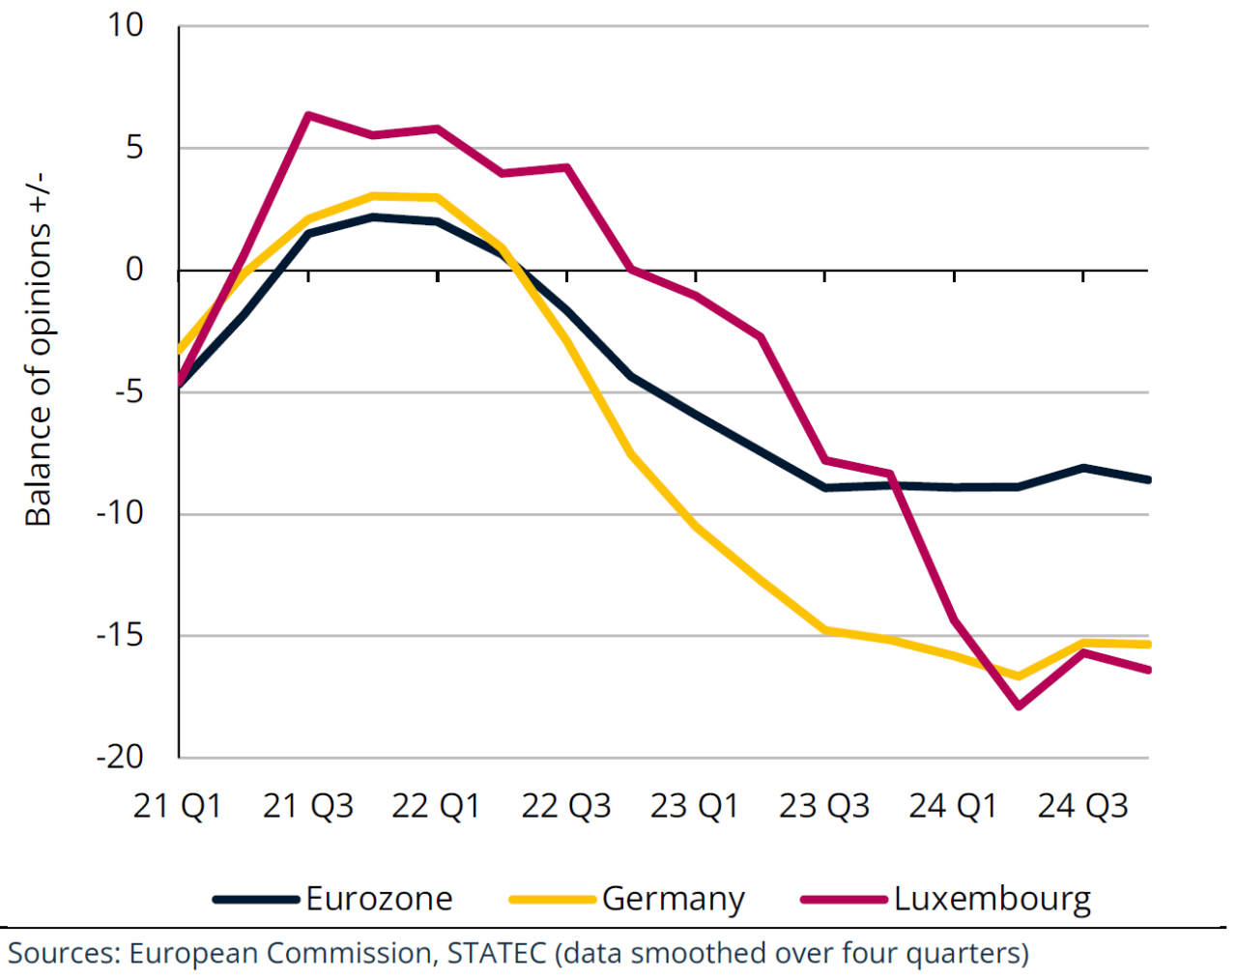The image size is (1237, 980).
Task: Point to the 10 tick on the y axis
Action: [125, 25]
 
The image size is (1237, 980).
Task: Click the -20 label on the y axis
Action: [120, 757]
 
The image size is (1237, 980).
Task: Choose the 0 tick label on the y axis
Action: [134, 270]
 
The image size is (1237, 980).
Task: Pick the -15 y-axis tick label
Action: [120, 635]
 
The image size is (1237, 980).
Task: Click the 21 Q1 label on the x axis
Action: [178, 805]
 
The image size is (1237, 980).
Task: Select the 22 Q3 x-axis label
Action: [566, 805]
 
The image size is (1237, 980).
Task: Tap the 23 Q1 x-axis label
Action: [695, 805]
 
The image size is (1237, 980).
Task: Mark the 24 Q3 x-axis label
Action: [1082, 805]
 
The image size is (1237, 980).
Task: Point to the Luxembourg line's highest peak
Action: [308, 115]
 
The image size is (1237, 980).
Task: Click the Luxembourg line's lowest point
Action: [1019, 706]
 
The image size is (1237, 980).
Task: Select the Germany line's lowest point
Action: [1019, 676]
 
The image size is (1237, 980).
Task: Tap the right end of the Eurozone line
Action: [1148, 479]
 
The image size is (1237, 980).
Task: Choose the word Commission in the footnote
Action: [349, 953]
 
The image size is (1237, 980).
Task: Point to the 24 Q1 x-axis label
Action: [953, 805]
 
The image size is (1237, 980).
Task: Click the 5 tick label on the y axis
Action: [134, 148]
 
